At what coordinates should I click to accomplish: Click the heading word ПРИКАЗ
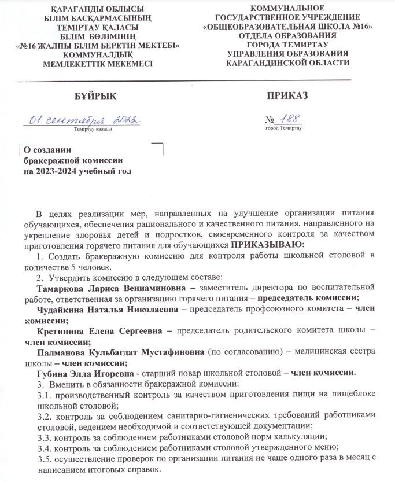coord(288,94)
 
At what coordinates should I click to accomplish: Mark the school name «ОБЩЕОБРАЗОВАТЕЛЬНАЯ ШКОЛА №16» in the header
coord(291,27)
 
